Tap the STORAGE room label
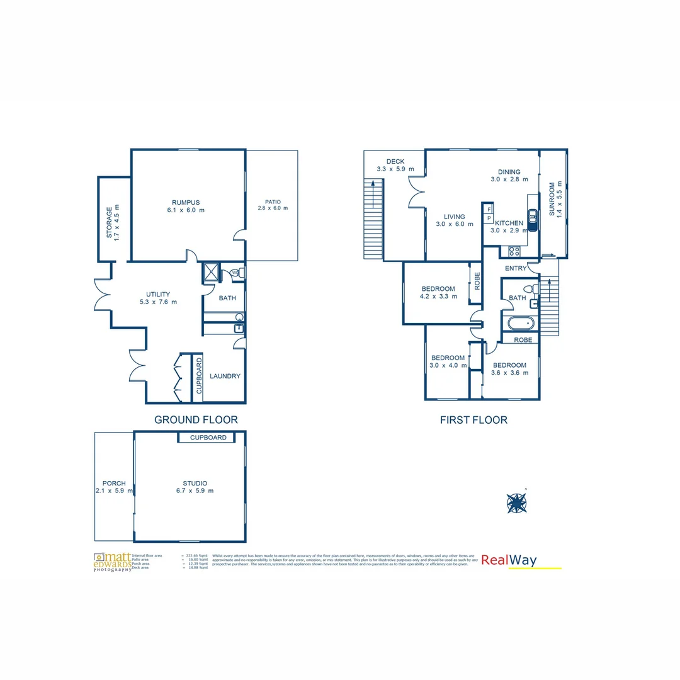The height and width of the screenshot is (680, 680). pos(109,222)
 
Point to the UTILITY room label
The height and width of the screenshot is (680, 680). pos(158,294)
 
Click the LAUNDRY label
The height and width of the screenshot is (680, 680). pos(225,376)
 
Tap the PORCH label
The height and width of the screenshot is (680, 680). pos(114,484)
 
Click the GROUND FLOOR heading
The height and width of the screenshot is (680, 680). pos(196,420)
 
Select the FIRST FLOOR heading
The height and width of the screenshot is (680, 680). pos(473,420)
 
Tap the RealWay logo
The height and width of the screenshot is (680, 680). pos(509,560)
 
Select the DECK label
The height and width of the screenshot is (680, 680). pos(395,162)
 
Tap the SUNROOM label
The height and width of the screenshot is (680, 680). pos(552,199)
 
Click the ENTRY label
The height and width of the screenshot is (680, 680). pos(516,269)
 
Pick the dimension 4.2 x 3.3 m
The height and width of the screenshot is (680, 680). pos(439,297)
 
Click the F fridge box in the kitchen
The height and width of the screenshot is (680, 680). pos(489,208)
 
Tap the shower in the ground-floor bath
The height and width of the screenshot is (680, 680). pos(210,272)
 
